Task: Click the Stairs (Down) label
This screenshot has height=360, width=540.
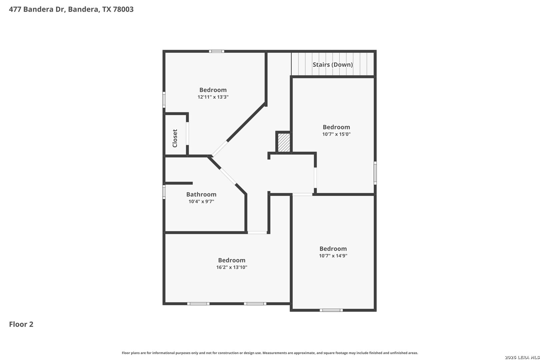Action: (x=332, y=65)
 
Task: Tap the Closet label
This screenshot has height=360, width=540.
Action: (x=175, y=138)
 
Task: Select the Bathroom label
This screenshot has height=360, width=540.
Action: (x=201, y=194)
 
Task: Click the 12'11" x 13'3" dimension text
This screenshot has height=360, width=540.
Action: (x=213, y=97)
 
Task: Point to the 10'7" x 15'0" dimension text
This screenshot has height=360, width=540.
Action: (x=336, y=134)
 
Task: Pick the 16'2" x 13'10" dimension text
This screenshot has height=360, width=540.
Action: (x=232, y=267)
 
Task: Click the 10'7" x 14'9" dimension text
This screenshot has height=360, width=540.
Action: (x=333, y=256)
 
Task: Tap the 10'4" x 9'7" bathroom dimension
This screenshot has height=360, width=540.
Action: (x=201, y=202)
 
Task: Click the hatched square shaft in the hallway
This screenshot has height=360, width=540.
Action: (x=284, y=143)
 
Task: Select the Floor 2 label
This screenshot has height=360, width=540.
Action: (x=21, y=324)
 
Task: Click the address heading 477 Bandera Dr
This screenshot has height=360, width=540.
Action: (x=71, y=9)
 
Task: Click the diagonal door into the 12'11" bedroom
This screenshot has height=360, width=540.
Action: (x=220, y=149)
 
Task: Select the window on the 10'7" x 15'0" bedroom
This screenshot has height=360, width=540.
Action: (x=375, y=173)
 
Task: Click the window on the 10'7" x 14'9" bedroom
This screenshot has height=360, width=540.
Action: (x=331, y=310)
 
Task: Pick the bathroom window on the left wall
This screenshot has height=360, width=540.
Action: (x=164, y=192)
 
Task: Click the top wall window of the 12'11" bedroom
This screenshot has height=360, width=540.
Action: (x=217, y=51)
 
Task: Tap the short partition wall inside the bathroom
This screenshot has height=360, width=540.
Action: (x=179, y=183)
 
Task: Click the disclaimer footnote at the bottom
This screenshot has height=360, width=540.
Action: (x=270, y=353)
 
